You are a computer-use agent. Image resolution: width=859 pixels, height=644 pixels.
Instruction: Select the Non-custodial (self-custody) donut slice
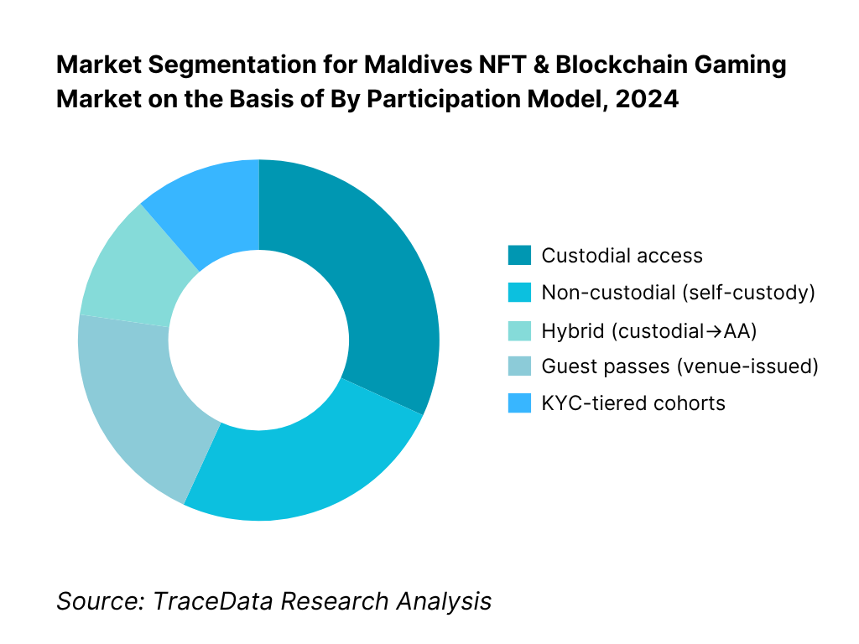302,461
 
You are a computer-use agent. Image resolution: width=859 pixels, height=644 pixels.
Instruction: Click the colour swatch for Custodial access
519,256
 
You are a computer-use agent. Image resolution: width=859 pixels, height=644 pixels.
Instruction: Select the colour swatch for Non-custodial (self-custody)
519,293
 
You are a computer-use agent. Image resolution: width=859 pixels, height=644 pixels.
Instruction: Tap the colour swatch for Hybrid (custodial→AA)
519,330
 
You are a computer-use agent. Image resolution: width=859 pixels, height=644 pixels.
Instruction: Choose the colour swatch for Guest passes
519,366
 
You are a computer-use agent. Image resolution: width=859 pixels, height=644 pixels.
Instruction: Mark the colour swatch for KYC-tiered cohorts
519,403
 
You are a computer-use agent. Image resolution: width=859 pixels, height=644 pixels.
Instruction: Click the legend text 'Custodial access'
622,256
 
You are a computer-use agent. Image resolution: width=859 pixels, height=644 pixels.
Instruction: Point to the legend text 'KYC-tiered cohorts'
633,403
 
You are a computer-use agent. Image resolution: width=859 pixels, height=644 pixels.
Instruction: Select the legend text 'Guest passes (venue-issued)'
679,366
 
